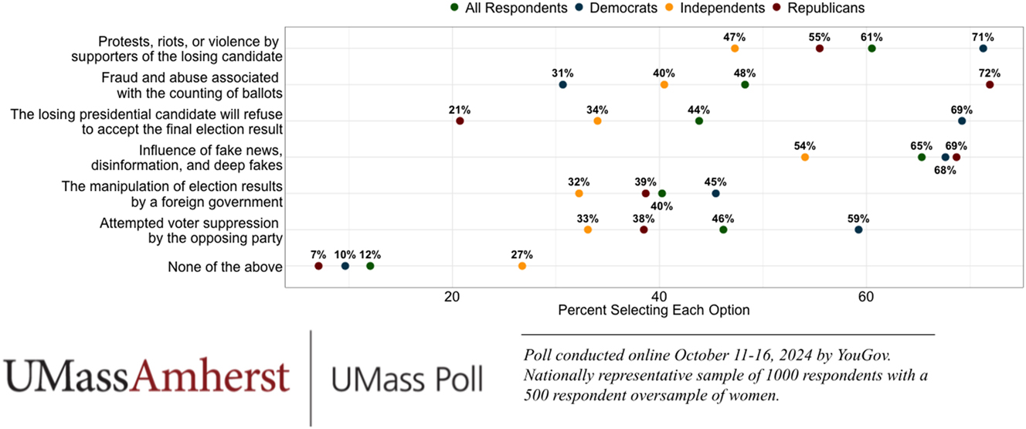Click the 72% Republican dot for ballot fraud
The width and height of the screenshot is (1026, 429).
click(x=990, y=85)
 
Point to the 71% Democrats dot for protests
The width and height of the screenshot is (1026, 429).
click(x=983, y=49)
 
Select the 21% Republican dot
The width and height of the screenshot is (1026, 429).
click(x=460, y=121)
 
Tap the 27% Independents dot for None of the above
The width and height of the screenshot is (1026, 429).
click(x=522, y=266)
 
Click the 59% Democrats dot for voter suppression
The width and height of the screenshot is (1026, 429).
click(x=858, y=230)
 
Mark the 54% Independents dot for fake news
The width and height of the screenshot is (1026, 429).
click(x=805, y=158)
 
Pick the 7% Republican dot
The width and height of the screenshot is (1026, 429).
click(x=318, y=266)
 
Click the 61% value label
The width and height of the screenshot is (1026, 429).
click(x=871, y=36)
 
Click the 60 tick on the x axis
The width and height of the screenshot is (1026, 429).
click(x=866, y=296)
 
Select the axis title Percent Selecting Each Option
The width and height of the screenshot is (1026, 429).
click(x=654, y=311)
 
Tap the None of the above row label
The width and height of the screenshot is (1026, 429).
click(x=225, y=267)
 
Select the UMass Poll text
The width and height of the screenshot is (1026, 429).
click(x=407, y=379)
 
